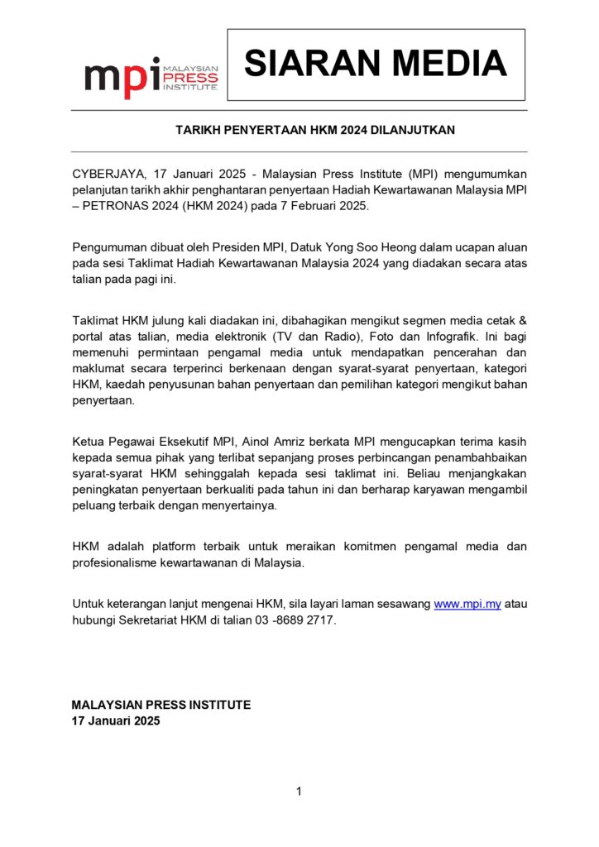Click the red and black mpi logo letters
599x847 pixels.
tap(122, 78)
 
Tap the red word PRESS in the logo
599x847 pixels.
tap(191, 79)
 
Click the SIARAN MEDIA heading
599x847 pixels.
tap(376, 64)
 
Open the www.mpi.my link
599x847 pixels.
tap(467, 604)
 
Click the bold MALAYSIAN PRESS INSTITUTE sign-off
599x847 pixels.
tap(161, 705)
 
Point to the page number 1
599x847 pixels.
tap(299, 792)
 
